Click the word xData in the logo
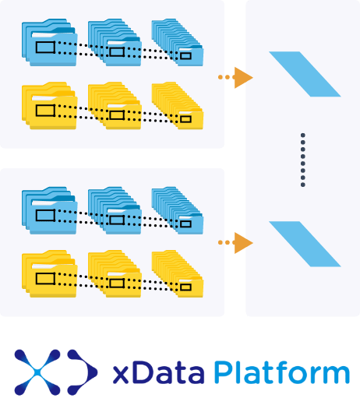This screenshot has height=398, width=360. (x=158, y=372)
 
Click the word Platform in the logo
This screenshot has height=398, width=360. (x=282, y=372)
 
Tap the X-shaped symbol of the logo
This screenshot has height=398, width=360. (x=37, y=372)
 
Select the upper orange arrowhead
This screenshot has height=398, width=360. (x=243, y=77)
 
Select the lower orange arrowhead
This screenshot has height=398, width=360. (x=243, y=243)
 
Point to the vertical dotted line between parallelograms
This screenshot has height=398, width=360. (x=303, y=160)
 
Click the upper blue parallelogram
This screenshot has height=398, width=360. (x=305, y=74)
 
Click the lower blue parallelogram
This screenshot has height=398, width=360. (x=305, y=244)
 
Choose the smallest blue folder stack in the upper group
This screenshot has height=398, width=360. (x=178, y=42)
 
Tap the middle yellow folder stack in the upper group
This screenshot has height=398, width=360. (x=115, y=106)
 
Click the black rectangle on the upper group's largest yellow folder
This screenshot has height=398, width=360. (x=45, y=111)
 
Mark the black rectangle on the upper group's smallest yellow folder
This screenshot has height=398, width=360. (x=185, y=119)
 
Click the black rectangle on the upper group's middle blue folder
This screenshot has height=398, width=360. (x=117, y=51)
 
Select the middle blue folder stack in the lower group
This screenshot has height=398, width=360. (x=115, y=210)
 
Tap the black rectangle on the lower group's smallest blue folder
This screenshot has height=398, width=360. (x=185, y=224)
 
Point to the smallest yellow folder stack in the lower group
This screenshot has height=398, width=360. (x=178, y=274)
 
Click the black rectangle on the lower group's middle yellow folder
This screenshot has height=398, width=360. (x=117, y=284)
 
